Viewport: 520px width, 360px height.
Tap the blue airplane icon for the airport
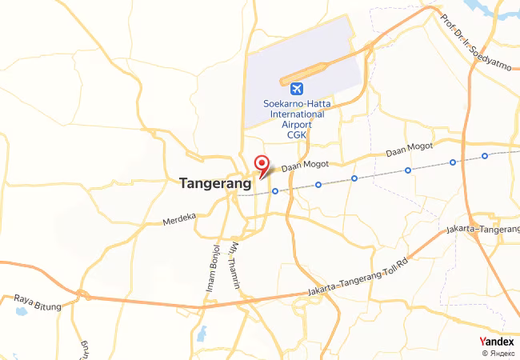click(x=298, y=88)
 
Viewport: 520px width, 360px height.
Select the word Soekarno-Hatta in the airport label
click(x=294, y=103)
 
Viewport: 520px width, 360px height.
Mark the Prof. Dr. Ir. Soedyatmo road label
click(x=473, y=40)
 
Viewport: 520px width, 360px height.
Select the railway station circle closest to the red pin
click(x=275, y=191)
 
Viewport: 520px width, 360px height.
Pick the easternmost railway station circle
click(x=485, y=155)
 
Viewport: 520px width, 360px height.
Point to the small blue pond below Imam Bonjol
click(x=201, y=331)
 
